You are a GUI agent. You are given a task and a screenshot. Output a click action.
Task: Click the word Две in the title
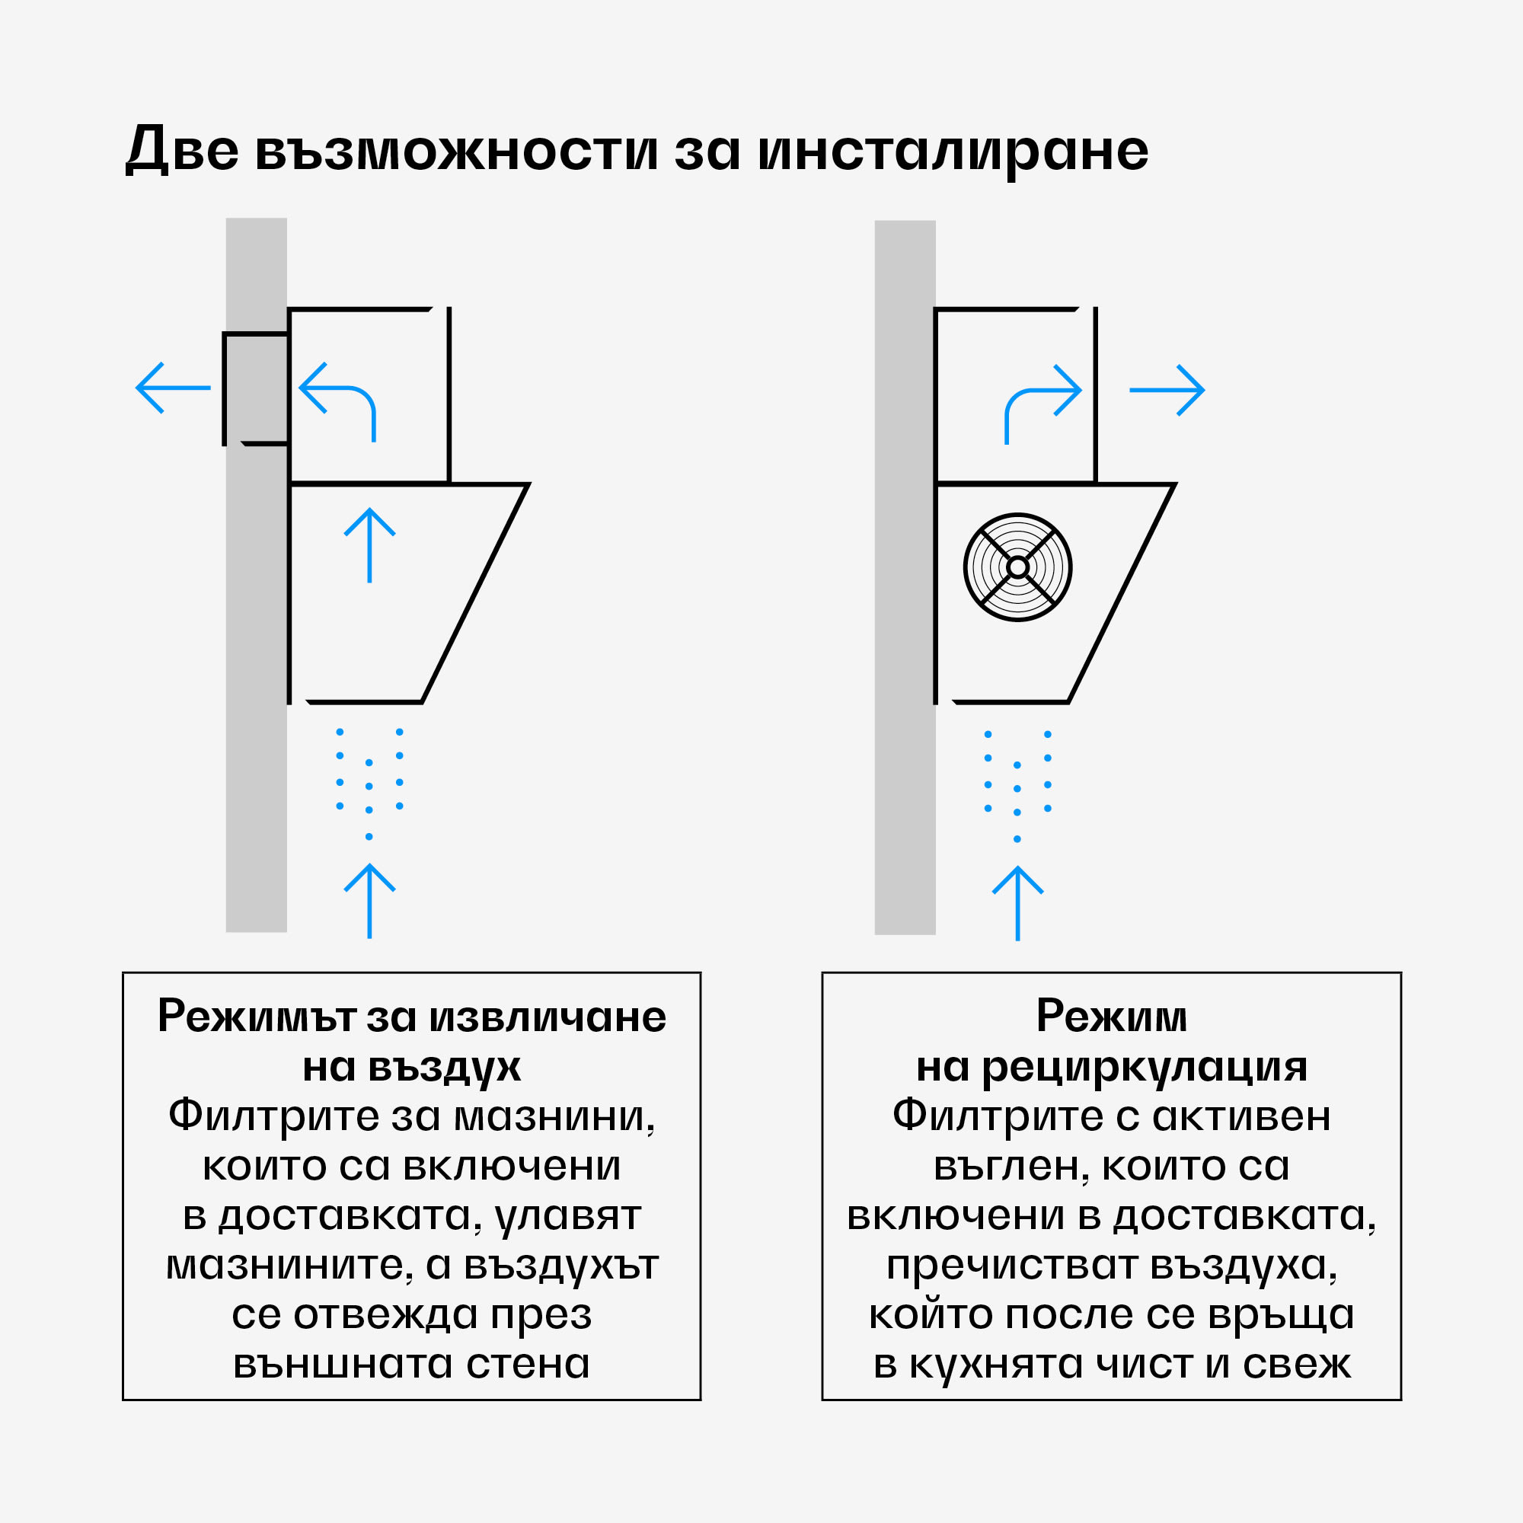[x=182, y=150]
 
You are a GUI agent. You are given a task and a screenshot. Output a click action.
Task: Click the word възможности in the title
[x=456, y=150]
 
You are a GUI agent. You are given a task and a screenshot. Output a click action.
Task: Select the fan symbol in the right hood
[x=1017, y=567]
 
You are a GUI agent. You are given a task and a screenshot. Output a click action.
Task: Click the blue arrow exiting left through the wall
[x=173, y=388]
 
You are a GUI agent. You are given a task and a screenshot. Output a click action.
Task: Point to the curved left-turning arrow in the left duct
[x=339, y=398]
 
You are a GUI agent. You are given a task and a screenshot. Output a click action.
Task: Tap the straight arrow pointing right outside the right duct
[x=1167, y=389]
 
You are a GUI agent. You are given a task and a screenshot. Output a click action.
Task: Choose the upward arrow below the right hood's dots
[x=1017, y=903]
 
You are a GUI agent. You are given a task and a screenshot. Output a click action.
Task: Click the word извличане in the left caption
[x=546, y=1017]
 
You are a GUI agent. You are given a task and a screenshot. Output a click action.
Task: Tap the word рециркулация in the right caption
[x=1145, y=1068]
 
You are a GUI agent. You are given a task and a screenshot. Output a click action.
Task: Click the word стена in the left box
[x=528, y=1365]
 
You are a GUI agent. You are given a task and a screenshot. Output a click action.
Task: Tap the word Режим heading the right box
[x=1112, y=1017]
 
